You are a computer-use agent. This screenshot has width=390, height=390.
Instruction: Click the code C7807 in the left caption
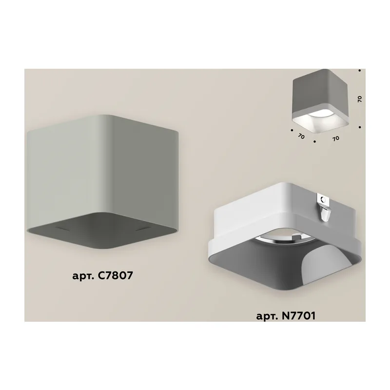(x=116, y=275)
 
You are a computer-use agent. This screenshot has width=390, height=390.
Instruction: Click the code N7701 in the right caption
(x=299, y=315)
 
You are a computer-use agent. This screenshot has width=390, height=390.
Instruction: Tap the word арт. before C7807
(x=83, y=276)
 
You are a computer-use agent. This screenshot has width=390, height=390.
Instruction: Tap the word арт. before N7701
(x=267, y=316)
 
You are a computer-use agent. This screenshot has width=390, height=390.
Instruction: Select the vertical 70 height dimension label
(x=360, y=99)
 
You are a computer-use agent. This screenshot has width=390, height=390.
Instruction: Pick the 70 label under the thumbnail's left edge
(x=301, y=136)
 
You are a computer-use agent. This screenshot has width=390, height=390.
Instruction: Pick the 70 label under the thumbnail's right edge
(x=336, y=138)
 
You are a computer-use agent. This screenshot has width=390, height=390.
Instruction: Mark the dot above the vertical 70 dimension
(x=360, y=71)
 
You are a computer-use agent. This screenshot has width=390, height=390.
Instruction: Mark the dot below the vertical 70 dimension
(x=360, y=127)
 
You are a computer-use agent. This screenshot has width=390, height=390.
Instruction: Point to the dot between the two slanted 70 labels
(x=314, y=141)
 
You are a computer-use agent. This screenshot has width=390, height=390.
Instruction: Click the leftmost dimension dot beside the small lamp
(x=292, y=130)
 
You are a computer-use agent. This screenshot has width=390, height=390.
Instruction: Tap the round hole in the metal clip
(x=323, y=199)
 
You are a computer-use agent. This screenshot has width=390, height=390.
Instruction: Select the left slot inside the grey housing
(x=62, y=228)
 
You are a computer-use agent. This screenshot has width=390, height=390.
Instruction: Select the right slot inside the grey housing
(x=143, y=228)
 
